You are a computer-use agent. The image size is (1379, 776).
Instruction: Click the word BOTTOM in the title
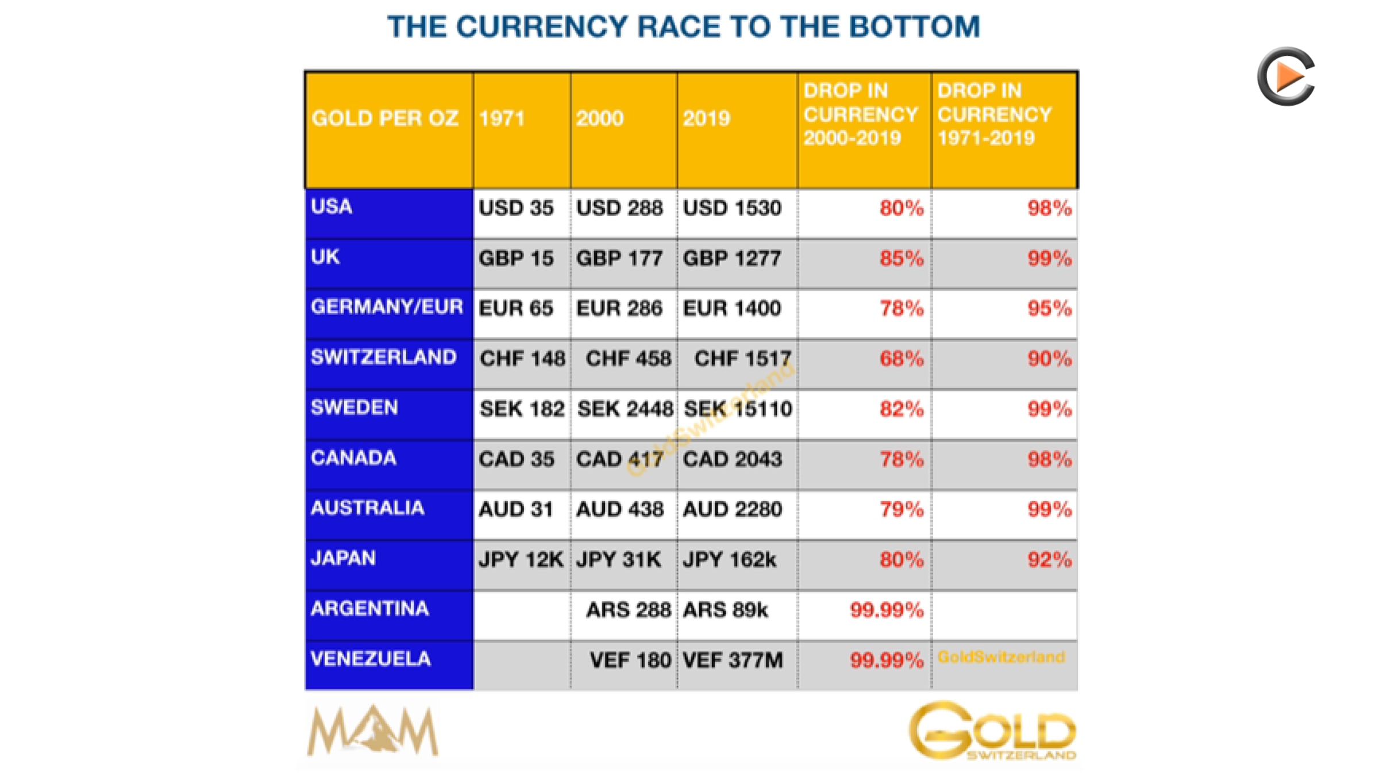click(914, 26)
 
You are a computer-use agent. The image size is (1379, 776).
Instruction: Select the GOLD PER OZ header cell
click(389, 130)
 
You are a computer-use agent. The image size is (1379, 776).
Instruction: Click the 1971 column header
click(522, 130)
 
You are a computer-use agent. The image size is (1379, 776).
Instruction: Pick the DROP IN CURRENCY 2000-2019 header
click(864, 130)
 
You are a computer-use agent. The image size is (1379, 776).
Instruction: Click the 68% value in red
click(902, 359)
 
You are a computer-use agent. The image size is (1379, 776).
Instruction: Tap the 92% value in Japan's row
click(1050, 560)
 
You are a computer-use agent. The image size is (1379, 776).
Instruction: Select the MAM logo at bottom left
click(373, 730)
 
